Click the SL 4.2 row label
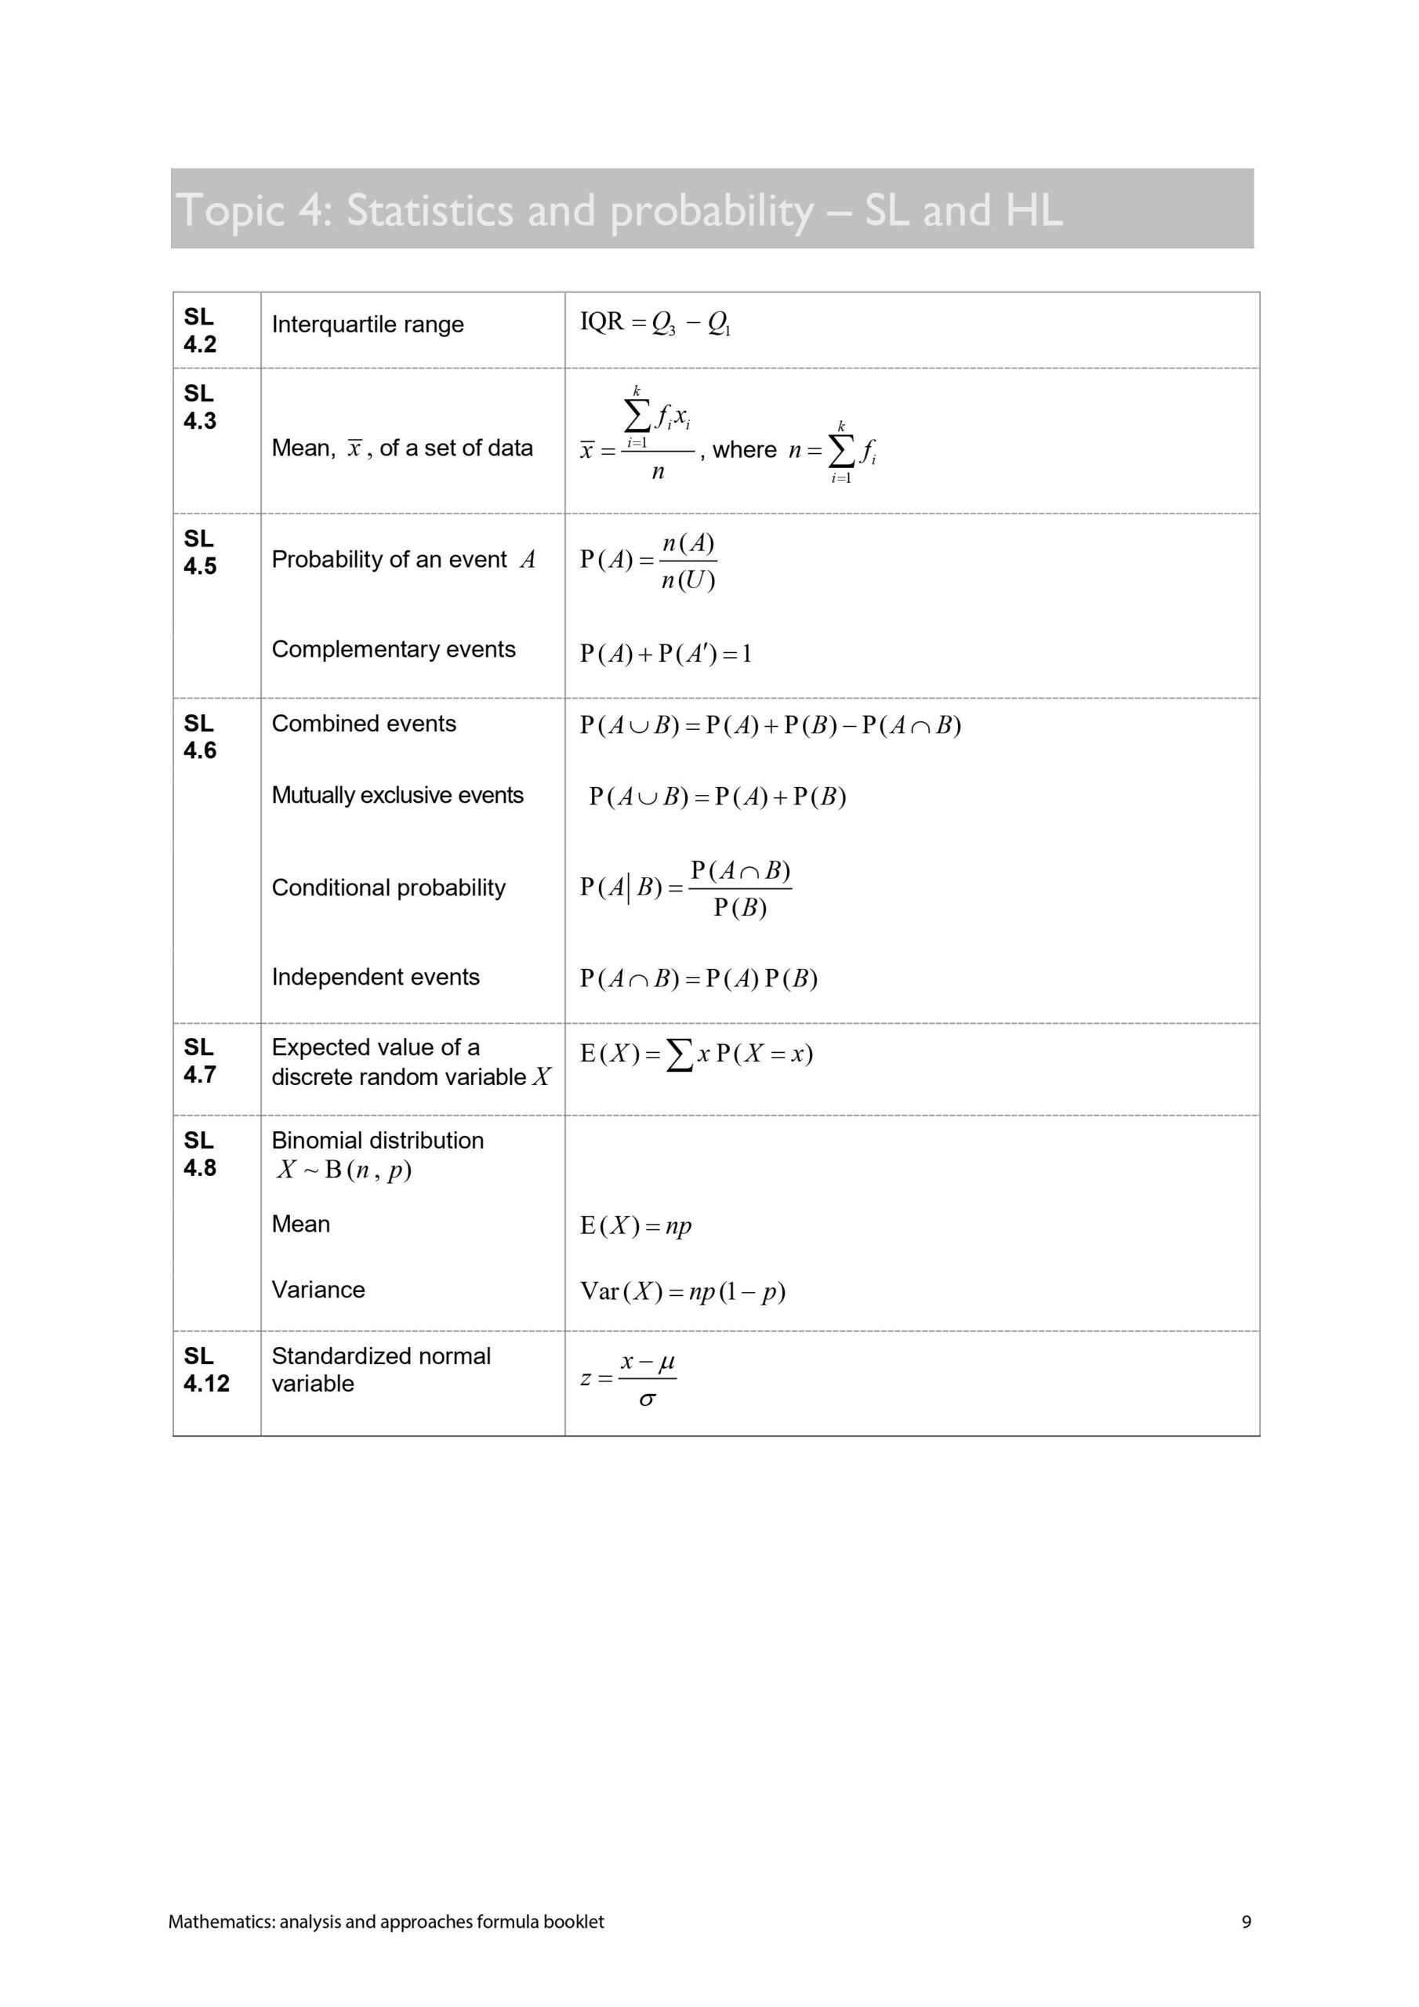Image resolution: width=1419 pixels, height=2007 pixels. click(x=199, y=330)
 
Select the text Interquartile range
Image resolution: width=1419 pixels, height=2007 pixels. click(x=367, y=325)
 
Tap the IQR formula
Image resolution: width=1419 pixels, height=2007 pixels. click(x=655, y=324)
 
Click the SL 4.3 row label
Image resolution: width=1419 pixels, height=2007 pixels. click(x=199, y=408)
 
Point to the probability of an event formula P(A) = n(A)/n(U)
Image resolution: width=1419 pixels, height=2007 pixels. click(x=648, y=561)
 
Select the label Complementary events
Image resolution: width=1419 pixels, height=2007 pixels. click(x=394, y=649)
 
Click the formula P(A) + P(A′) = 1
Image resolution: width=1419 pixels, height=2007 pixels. click(x=666, y=654)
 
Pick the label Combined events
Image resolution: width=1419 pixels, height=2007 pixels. click(x=364, y=724)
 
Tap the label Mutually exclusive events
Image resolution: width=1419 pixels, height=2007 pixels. click(x=397, y=796)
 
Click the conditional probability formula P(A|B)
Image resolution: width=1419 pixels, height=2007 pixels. click(x=685, y=889)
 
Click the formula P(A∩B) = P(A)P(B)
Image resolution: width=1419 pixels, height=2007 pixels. click(x=699, y=979)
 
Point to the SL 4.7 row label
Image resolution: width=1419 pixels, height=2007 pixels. click(x=199, y=1062)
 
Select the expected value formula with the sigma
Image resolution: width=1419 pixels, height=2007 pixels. click(x=696, y=1055)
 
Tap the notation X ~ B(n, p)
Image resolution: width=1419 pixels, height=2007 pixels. click(x=343, y=1170)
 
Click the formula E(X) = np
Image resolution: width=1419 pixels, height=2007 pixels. click(x=636, y=1226)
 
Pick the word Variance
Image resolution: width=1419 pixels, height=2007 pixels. click(x=318, y=1290)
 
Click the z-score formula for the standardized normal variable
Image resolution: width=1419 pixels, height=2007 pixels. click(x=629, y=1381)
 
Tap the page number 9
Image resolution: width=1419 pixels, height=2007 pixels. click(x=1246, y=1922)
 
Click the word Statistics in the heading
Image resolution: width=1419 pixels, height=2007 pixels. click(x=430, y=211)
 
